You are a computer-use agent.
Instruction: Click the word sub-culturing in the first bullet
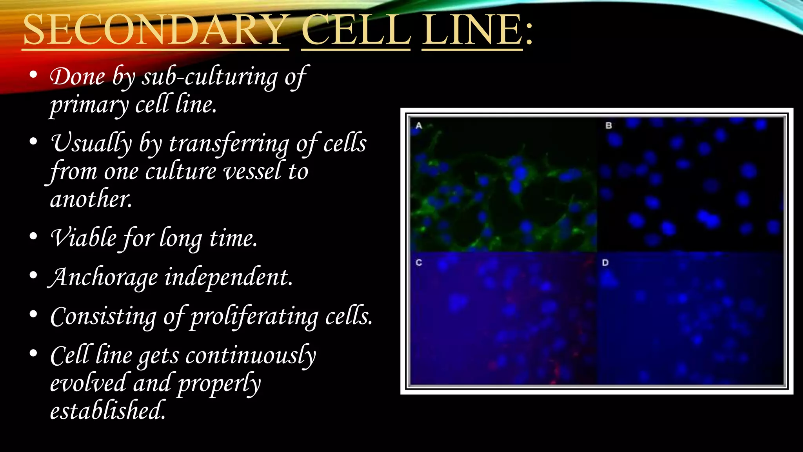[210, 77]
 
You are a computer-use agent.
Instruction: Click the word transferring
[229, 144]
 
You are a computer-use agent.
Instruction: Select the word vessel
[252, 172]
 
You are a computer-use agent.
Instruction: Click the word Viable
[84, 238]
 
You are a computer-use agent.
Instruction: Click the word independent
[228, 277]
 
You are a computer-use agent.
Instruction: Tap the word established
[107, 410]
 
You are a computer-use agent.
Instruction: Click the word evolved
[88, 383]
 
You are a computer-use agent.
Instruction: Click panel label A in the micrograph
[419, 126]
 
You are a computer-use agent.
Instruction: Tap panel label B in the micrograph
[609, 126]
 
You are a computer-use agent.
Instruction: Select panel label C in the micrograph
[419, 262]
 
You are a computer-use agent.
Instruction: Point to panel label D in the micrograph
[605, 262]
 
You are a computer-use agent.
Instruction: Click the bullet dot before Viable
[33, 236]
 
